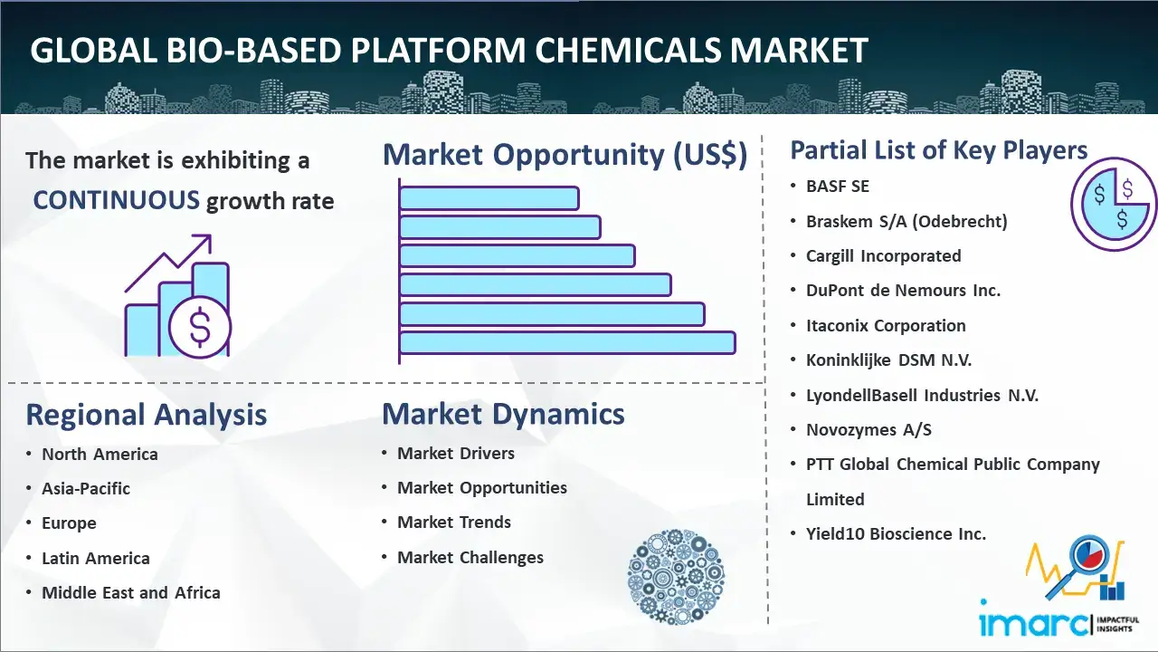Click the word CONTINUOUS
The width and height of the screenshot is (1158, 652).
click(116, 200)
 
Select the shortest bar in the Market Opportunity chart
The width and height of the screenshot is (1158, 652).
click(489, 198)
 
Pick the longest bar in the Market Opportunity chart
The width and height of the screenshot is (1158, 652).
click(567, 343)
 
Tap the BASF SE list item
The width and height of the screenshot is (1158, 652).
click(838, 187)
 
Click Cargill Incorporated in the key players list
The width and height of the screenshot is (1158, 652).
click(884, 255)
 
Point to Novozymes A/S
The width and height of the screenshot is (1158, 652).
click(868, 429)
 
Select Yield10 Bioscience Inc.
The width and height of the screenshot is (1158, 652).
click(896, 533)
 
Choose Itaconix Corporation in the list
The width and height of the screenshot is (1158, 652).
click(886, 325)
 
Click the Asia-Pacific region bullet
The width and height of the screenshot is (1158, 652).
click(86, 488)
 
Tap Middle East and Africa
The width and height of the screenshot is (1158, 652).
click(131, 592)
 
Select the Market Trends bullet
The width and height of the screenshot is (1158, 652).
click(454, 523)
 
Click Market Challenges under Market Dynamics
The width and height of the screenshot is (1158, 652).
click(470, 557)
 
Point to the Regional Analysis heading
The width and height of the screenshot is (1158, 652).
click(147, 415)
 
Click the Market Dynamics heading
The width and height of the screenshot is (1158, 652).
click(503, 414)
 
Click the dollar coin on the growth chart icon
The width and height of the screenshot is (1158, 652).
click(200, 327)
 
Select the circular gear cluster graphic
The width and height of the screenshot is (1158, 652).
click(676, 576)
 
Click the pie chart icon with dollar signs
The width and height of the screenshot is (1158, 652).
click(1114, 205)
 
